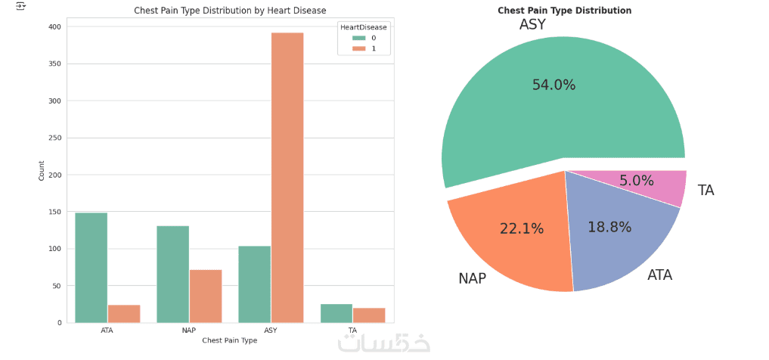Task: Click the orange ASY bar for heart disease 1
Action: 287,178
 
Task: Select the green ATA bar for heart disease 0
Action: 91,268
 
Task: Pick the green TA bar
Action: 336,313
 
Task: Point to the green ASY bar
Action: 254,284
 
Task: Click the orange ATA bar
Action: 124,314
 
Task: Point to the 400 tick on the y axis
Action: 57,26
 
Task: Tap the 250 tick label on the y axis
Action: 57,138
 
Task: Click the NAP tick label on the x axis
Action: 189,331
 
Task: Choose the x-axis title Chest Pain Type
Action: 230,340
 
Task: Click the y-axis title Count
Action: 42,170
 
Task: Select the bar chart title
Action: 230,11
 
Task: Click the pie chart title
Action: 564,11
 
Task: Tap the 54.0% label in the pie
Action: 553,85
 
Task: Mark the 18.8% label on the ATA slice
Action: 609,227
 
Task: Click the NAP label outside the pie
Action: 472,278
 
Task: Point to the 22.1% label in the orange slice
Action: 522,228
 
